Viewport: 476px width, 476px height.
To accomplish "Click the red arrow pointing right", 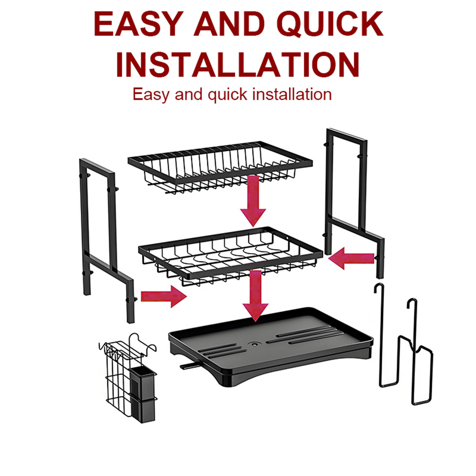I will (163, 296).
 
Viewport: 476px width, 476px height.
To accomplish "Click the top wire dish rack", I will (220, 166).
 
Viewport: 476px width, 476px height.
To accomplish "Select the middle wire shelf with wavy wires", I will (231, 254).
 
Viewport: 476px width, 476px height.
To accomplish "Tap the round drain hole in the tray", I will (254, 344).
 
